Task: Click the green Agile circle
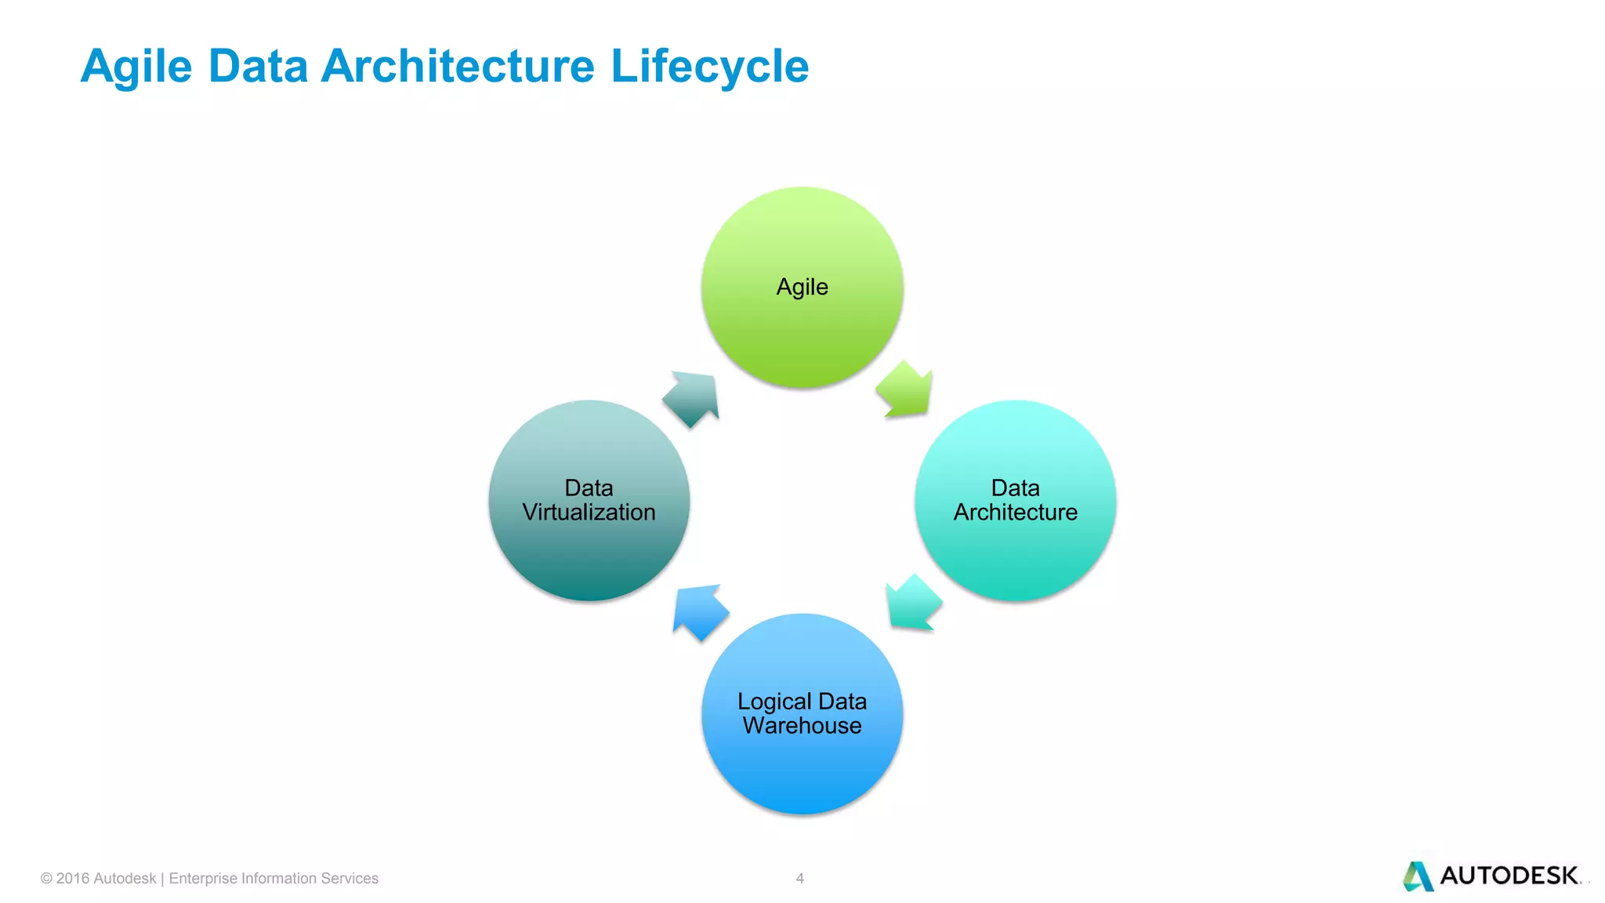[x=802, y=314]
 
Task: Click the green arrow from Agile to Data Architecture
[x=906, y=389]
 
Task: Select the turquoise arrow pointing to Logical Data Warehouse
[x=912, y=602]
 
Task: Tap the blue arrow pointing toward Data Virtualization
[x=700, y=611]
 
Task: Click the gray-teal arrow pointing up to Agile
[x=692, y=397]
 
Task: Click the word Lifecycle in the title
[x=709, y=66]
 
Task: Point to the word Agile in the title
[x=136, y=66]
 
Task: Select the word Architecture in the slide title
[x=458, y=66]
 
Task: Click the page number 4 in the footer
[x=799, y=878]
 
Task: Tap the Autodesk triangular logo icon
[x=1418, y=876]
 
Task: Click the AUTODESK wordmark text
[x=1509, y=876]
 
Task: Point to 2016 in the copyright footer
[x=73, y=879]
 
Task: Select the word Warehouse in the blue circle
[x=802, y=726]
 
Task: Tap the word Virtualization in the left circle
[x=589, y=513]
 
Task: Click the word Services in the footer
[x=350, y=879]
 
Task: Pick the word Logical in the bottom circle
[x=774, y=702]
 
